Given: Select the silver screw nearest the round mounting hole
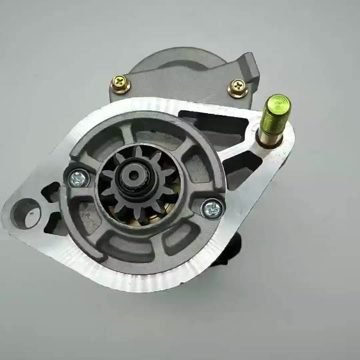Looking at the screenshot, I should pos(79,179).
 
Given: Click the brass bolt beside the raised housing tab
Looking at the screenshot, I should pos(238,88).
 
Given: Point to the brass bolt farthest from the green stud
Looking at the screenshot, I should pos(120,84).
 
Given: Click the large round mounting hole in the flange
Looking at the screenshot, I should pos(25,213).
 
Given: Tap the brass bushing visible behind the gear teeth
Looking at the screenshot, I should pos(153,218).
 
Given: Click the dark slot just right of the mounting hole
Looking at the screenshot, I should pos(53,223).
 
